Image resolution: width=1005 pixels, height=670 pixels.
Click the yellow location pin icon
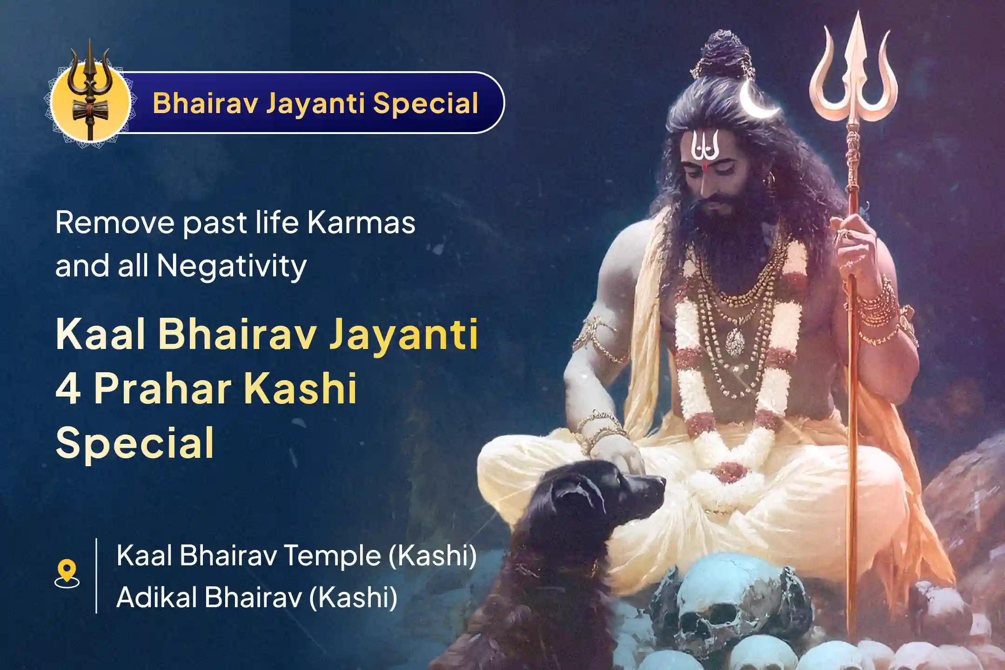tap(67, 574)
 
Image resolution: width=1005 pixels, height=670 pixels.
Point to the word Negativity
tap(232, 266)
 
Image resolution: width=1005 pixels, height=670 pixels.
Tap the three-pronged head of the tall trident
tap(853, 70)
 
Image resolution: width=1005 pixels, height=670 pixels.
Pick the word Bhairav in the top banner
tap(205, 103)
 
